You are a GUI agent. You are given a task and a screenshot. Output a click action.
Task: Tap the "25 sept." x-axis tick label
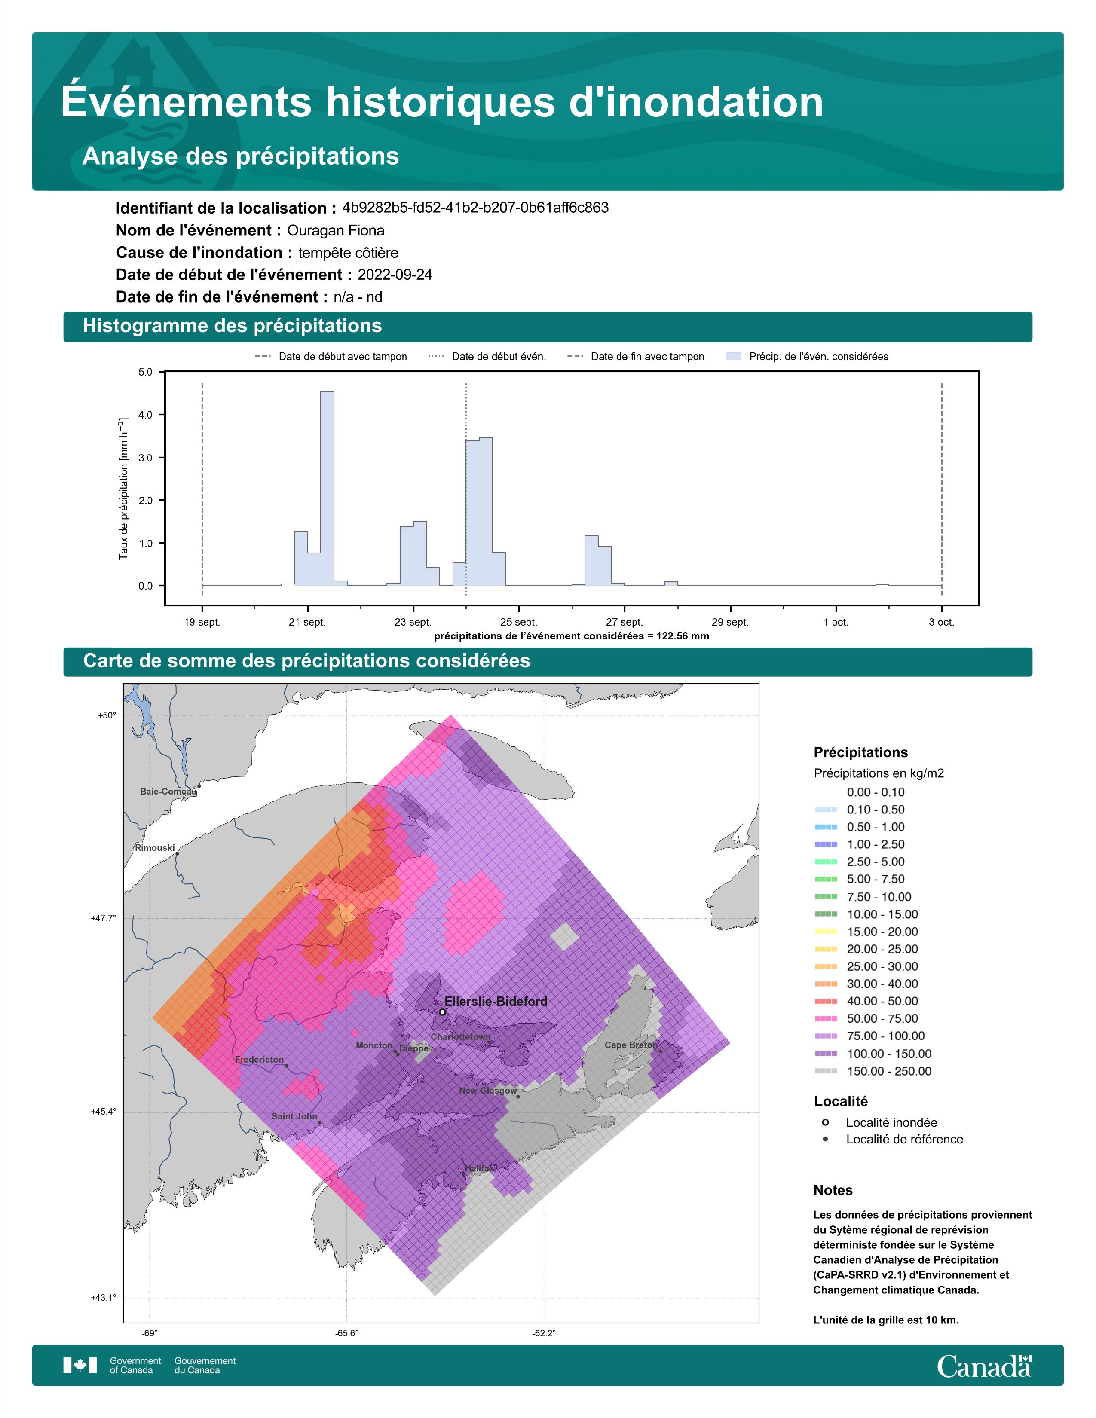(x=519, y=622)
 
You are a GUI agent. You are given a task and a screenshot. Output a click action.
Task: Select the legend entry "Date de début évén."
(x=487, y=357)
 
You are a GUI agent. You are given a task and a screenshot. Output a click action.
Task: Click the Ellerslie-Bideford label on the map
(x=496, y=1001)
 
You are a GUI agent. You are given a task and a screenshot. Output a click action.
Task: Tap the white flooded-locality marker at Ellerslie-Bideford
(x=442, y=1012)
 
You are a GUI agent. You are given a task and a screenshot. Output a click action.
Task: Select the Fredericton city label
(x=259, y=1060)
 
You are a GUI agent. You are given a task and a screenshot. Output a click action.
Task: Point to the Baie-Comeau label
(x=168, y=792)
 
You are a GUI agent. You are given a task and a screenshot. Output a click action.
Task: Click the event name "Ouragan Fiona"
(x=336, y=230)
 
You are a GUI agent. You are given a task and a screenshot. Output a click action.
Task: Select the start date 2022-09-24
(x=395, y=275)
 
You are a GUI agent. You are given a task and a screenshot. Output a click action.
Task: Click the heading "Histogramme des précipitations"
(x=233, y=326)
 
